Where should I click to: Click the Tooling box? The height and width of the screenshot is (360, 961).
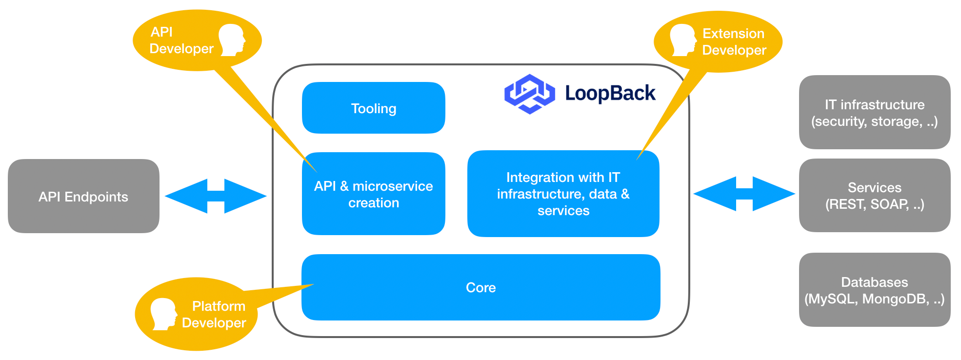click(x=373, y=108)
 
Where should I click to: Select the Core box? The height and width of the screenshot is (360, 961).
click(x=480, y=287)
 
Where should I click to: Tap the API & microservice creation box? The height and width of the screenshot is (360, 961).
click(x=373, y=194)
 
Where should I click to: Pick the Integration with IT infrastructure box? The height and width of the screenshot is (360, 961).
click(x=563, y=194)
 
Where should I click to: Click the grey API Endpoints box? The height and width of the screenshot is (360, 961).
click(x=83, y=196)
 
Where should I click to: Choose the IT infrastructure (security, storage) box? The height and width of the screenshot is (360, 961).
click(x=874, y=112)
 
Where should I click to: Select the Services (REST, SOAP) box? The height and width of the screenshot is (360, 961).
click(x=874, y=196)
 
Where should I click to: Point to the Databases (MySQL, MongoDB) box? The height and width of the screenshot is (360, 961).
click(x=874, y=290)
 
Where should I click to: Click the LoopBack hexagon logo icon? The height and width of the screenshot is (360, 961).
click(x=529, y=94)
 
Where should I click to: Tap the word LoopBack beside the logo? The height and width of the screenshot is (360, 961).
click(x=610, y=93)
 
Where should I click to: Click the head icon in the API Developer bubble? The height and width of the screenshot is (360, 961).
click(x=232, y=40)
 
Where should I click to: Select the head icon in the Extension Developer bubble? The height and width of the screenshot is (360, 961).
click(x=683, y=40)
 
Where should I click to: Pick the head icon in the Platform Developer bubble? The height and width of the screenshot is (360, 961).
click(x=163, y=314)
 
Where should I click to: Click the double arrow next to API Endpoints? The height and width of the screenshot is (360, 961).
click(x=216, y=196)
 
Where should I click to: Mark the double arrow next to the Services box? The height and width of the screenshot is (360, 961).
click(x=744, y=194)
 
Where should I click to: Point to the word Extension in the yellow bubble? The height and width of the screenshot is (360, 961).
click(x=733, y=34)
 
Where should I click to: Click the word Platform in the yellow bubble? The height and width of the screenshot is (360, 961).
click(x=219, y=306)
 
